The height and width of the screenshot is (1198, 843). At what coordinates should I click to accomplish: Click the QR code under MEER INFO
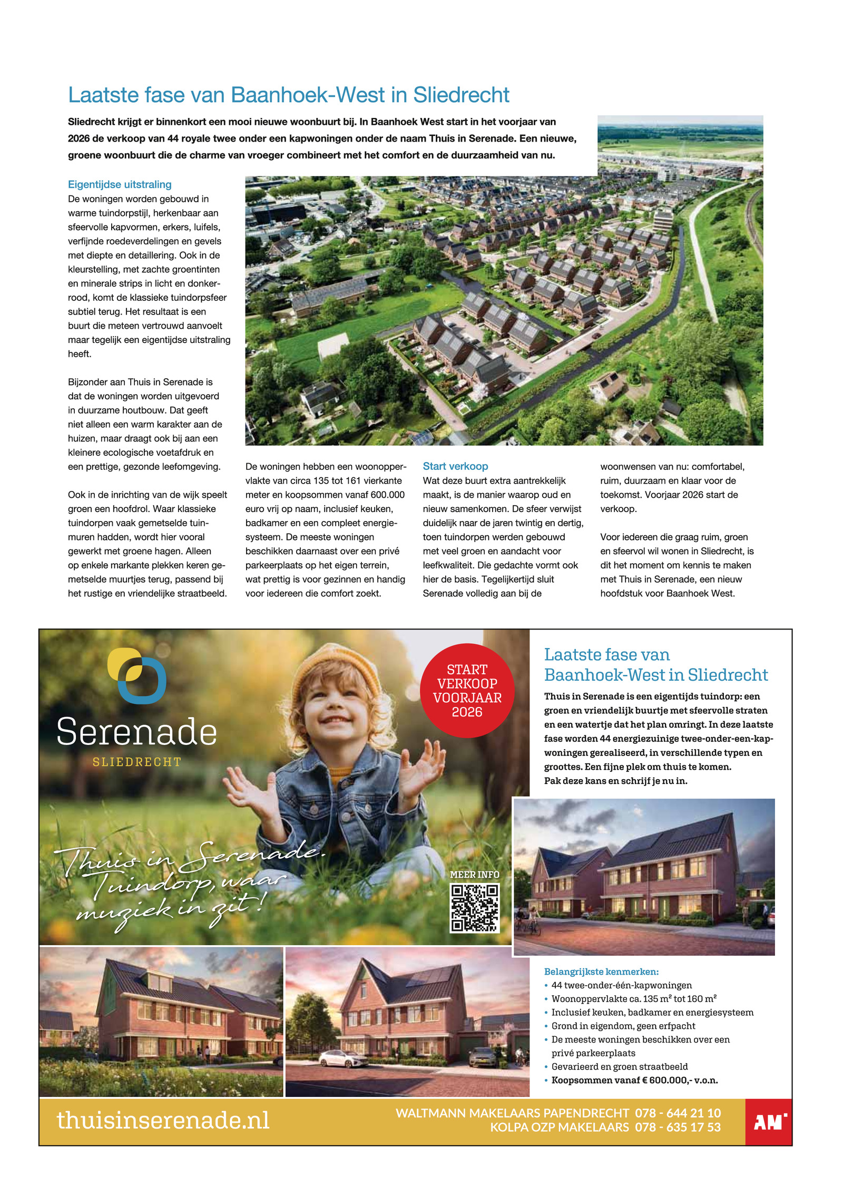(474, 908)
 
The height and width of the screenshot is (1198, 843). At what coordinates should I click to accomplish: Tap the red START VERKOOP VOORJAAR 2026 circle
(467, 690)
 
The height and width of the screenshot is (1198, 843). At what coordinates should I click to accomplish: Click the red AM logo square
(768, 1122)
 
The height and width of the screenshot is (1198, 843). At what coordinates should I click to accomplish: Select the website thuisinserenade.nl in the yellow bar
(163, 1121)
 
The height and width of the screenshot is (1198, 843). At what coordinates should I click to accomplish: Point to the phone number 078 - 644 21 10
(678, 1113)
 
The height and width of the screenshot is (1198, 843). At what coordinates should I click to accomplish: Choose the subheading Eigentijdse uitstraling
(120, 184)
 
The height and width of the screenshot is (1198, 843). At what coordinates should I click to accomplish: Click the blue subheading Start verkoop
(455, 466)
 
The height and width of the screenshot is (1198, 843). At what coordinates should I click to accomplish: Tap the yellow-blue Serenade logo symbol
(136, 675)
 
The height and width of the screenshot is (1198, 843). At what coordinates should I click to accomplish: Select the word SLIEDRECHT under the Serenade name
(136, 762)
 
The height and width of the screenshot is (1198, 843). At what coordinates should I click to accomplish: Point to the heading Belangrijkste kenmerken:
(601, 971)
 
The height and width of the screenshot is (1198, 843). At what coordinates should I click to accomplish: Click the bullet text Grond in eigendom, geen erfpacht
(623, 1026)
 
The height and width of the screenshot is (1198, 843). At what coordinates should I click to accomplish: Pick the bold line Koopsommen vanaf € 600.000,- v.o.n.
(634, 1080)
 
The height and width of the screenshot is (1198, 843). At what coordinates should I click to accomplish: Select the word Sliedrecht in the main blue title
(461, 95)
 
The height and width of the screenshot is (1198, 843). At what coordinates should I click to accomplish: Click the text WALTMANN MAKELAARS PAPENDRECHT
(512, 1113)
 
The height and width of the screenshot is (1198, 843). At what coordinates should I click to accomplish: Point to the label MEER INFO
(474, 875)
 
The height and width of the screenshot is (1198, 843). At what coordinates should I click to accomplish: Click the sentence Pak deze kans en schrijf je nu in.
(615, 781)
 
